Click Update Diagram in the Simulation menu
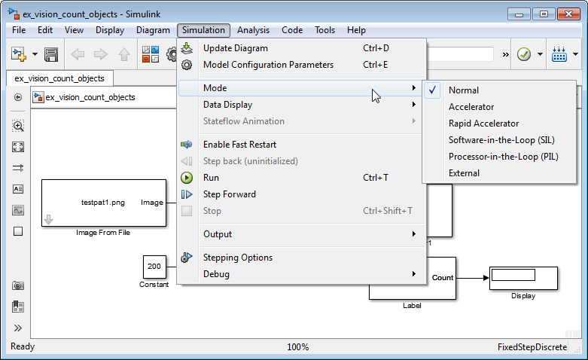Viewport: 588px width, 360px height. [x=236, y=48]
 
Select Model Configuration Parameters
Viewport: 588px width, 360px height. [x=268, y=65]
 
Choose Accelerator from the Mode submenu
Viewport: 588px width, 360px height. [x=471, y=107]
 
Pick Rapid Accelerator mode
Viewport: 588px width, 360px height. [x=484, y=124]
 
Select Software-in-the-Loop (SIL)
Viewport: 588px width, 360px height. [x=501, y=140]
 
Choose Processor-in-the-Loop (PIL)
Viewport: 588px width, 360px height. [x=503, y=157]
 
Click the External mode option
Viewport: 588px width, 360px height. [x=464, y=173]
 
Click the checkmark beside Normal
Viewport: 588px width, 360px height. [x=432, y=90]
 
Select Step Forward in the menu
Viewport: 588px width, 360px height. [x=230, y=194]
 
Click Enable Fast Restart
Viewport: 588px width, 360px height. [x=239, y=145]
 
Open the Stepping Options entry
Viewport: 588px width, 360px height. [x=238, y=258]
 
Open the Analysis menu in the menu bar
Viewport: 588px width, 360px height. [x=253, y=30]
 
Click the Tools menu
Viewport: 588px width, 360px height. [x=324, y=30]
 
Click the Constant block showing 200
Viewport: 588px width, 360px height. [x=154, y=267]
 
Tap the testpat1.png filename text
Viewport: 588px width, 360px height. [x=103, y=203]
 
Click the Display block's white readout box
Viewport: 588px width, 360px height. [x=513, y=275]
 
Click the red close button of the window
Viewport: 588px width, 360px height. [x=568, y=14]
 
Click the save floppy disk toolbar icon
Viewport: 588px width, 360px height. [x=51, y=55]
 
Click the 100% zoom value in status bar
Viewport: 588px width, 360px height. [x=297, y=347]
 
